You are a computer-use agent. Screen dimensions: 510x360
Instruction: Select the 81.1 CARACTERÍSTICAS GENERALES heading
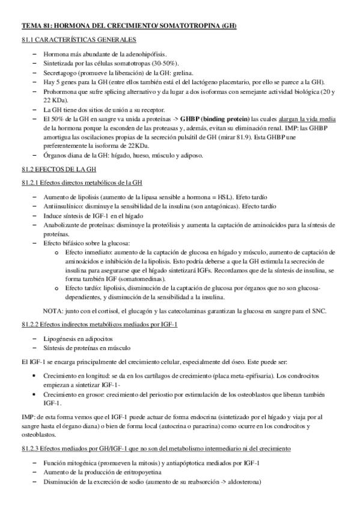click(x=79, y=40)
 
